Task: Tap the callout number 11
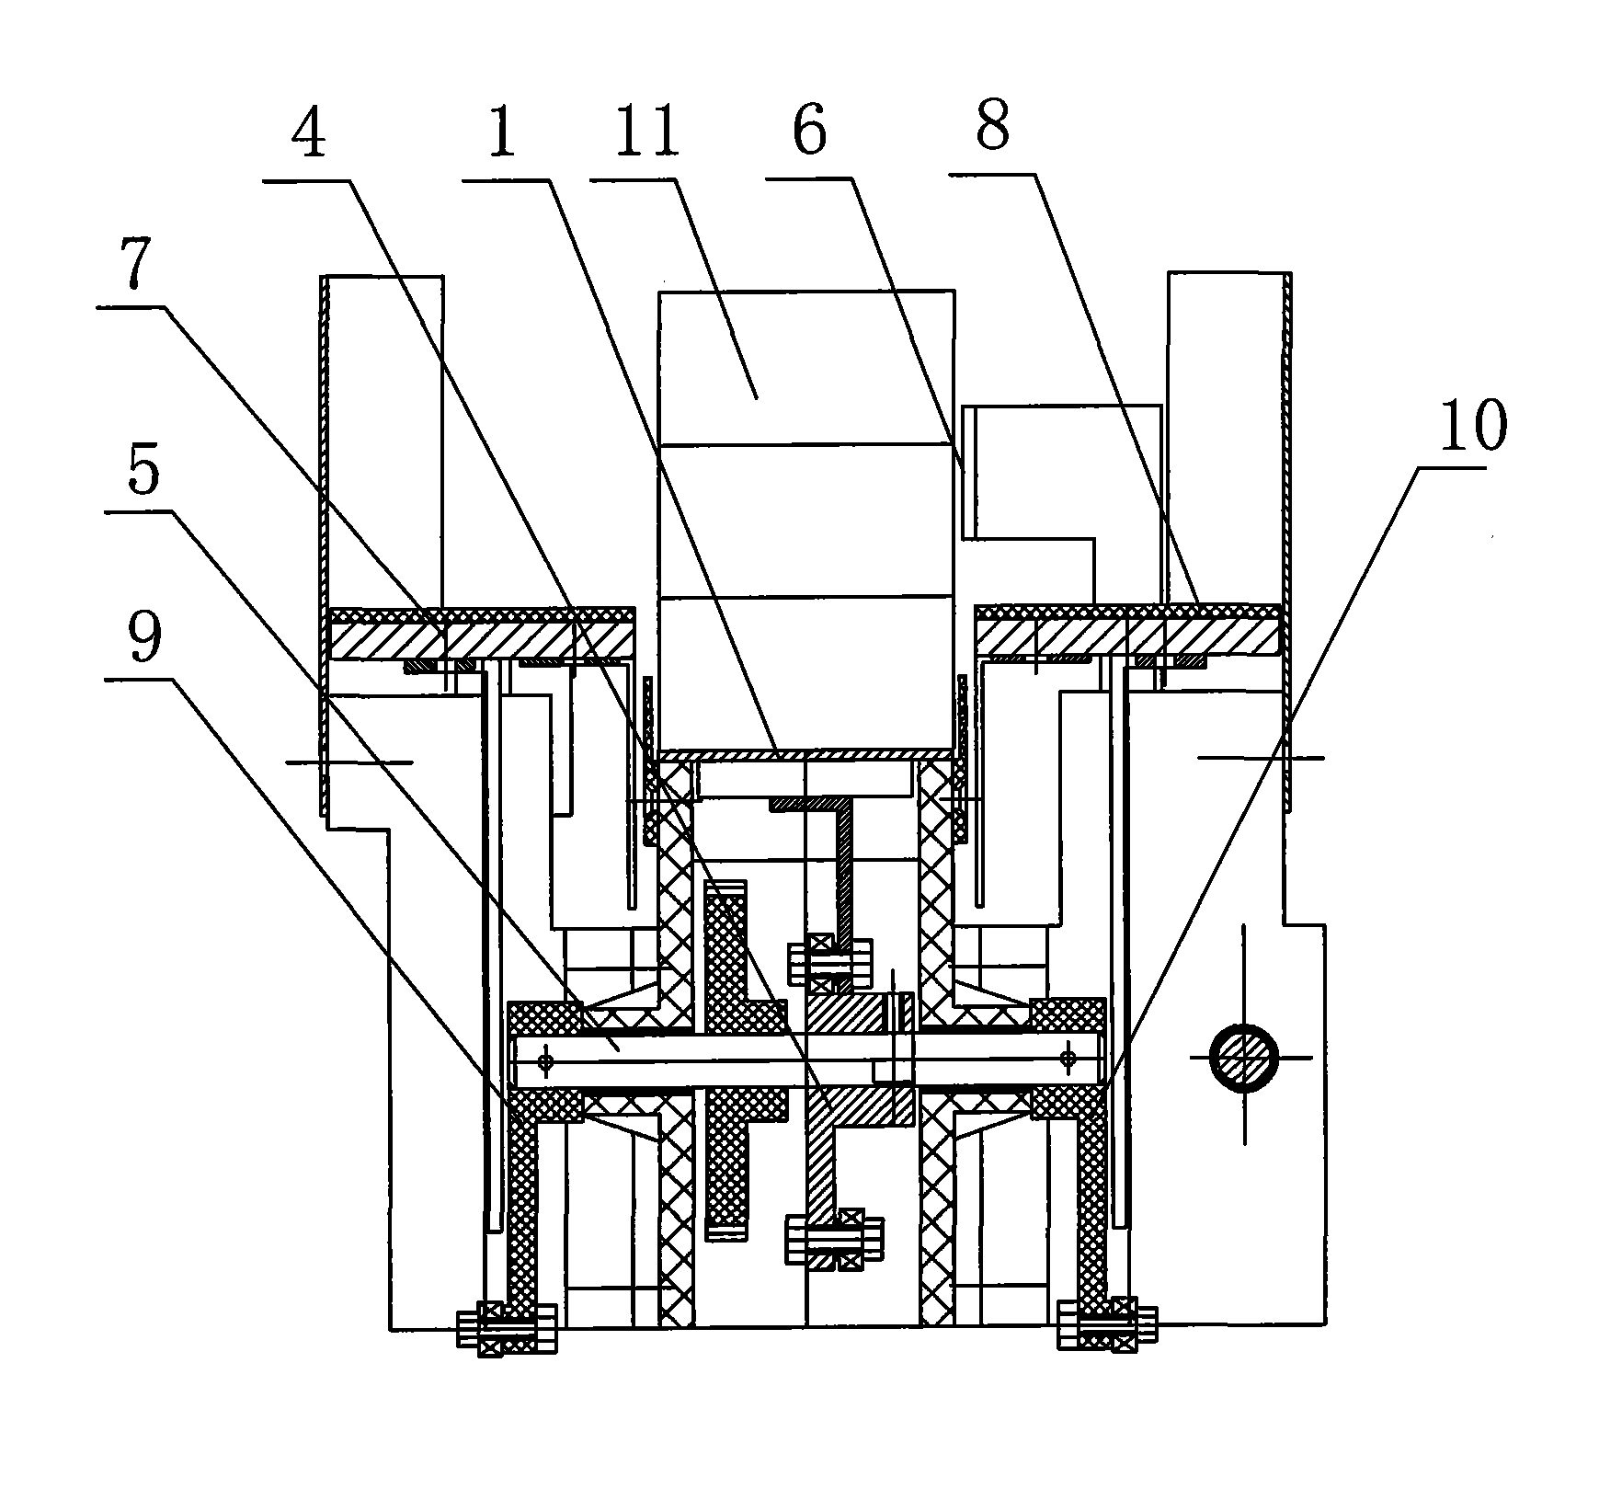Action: [647, 132]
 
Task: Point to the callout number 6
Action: [809, 132]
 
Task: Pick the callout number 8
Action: [993, 126]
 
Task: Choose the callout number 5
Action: [143, 471]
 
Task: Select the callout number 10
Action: [1473, 425]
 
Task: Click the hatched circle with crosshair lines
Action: [1243, 1058]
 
